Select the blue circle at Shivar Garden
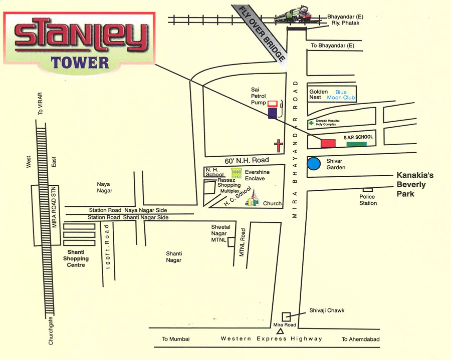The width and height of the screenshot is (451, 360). pyautogui.click(x=314, y=164)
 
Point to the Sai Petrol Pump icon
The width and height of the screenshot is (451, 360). pyautogui.click(x=272, y=109)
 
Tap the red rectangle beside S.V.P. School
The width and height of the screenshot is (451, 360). pyautogui.click(x=328, y=144)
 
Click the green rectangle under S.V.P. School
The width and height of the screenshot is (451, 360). pyautogui.click(x=356, y=144)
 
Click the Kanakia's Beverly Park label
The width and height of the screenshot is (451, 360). pyautogui.click(x=415, y=184)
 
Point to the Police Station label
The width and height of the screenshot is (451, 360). pyautogui.click(x=368, y=200)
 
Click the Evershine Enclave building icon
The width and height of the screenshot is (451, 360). pyautogui.click(x=237, y=173)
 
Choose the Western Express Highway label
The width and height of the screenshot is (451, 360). pyautogui.click(x=272, y=339)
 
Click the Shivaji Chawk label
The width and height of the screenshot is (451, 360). pyautogui.click(x=327, y=310)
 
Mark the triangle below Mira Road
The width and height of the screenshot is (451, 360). pyautogui.click(x=281, y=331)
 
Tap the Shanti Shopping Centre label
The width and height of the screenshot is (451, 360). pyautogui.click(x=76, y=258)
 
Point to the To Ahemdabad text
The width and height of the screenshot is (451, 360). pyautogui.click(x=361, y=339)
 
